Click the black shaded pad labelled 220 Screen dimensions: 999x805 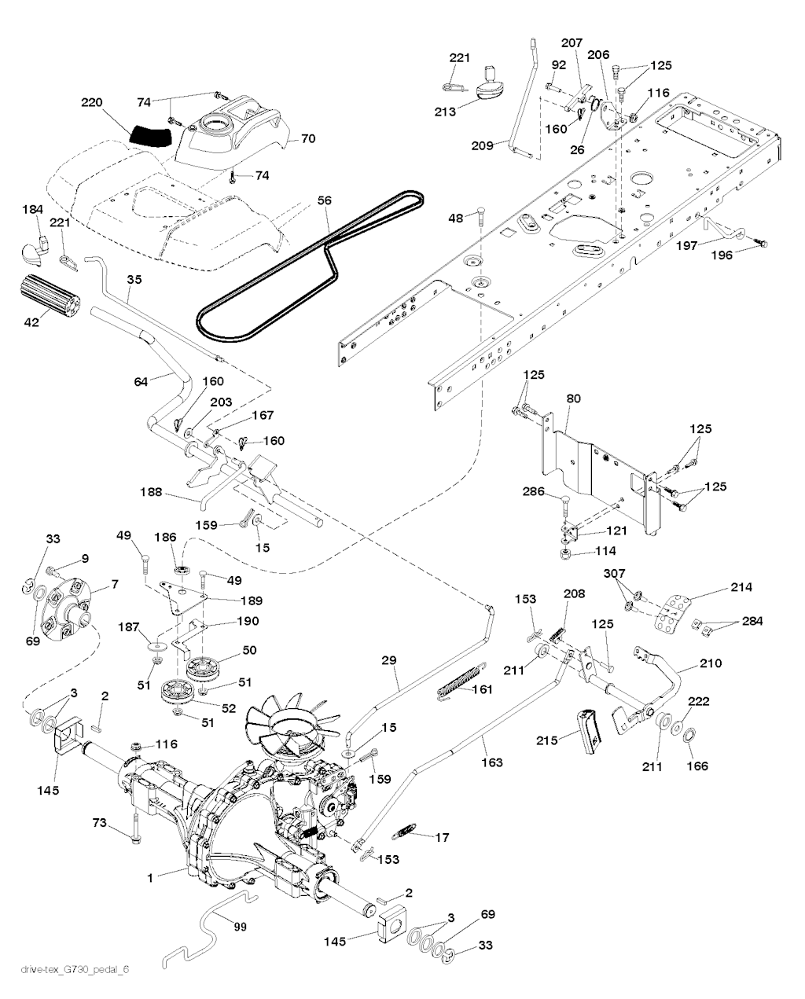tap(149, 135)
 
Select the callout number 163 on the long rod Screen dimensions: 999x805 tap(492, 762)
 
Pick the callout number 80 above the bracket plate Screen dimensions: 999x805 tap(572, 398)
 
